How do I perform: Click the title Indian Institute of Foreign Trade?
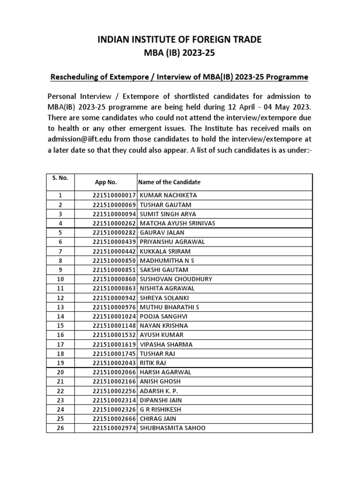pyautogui.click(x=180, y=40)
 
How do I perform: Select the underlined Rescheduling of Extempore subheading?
pyautogui.click(x=180, y=76)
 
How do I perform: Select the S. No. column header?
pyautogui.click(x=60, y=178)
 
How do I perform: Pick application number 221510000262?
pyautogui.click(x=113, y=223)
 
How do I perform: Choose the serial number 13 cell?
pyautogui.click(x=60, y=307)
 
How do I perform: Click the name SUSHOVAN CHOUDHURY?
pyautogui.click(x=176, y=279)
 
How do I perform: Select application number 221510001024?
pyautogui.click(x=113, y=316)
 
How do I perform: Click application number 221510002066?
pyautogui.click(x=113, y=372)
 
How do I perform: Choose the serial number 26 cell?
pyautogui.click(x=60, y=428)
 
